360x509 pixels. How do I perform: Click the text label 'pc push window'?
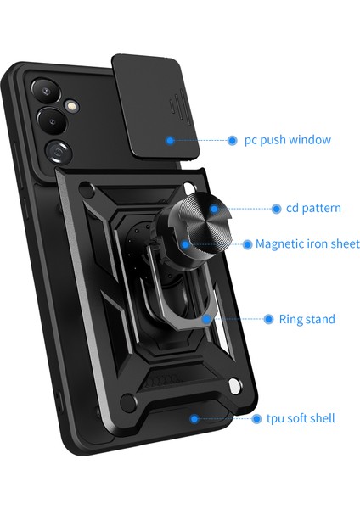click(287, 140)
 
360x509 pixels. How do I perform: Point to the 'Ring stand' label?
click(307, 320)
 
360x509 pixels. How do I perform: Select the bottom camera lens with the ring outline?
click(59, 152)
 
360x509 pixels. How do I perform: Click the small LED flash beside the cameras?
click(70, 105)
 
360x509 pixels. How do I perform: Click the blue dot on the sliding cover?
click(172, 140)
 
